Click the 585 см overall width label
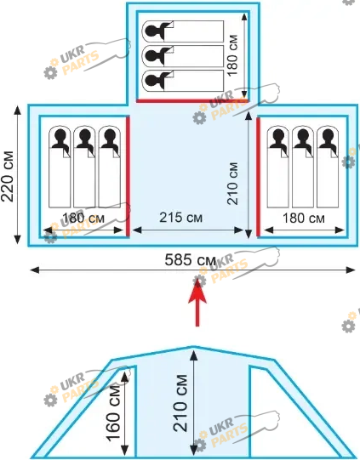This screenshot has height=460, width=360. coord(191,260)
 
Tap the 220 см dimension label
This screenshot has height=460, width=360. coord(8,176)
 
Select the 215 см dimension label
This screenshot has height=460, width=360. coord(181,218)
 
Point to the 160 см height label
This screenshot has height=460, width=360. coord(113,412)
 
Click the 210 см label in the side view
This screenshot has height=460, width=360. coord(180,403)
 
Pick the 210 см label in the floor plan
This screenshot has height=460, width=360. coord(232,184)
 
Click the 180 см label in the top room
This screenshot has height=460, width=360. coord(232,55)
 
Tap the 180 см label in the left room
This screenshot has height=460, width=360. coord(83,219)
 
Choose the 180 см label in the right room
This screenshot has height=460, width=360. coord(304,219)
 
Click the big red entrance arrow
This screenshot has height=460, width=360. coord(197,302)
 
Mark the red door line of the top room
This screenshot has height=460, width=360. coord(192,101)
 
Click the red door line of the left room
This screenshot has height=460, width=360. coord(128,176)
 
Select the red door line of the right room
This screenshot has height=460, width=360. coord(258,177)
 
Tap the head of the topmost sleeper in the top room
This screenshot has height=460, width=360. coord(152,31)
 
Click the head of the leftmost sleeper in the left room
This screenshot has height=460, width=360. coord(60,135)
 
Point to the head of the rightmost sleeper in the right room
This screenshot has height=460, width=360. coord(328,135)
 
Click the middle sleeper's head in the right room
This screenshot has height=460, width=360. coord(303,135)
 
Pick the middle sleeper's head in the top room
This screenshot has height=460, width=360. coord(152,55)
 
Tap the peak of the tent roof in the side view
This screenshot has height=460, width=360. coord(193,347)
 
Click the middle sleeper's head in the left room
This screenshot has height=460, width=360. coord(85,135)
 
